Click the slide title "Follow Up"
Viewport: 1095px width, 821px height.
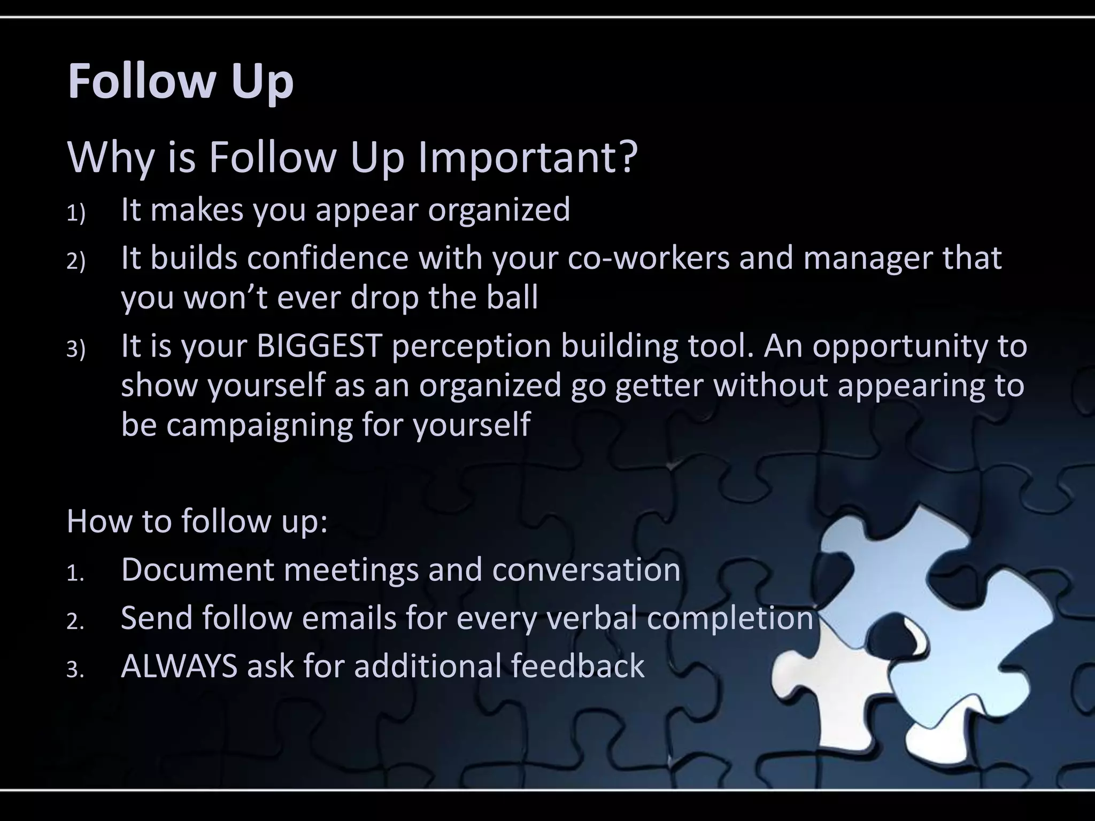[x=180, y=81]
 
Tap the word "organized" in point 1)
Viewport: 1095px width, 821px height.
[x=499, y=210]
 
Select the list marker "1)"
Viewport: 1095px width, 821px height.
[x=76, y=214]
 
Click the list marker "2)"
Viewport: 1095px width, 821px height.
[x=76, y=262]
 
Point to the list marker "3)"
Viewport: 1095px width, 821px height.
[x=76, y=350]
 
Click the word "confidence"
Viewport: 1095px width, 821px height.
[x=328, y=258]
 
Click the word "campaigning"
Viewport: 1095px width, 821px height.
[x=259, y=425]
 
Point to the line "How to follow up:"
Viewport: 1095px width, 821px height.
[x=197, y=521]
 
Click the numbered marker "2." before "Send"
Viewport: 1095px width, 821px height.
[x=75, y=622]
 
